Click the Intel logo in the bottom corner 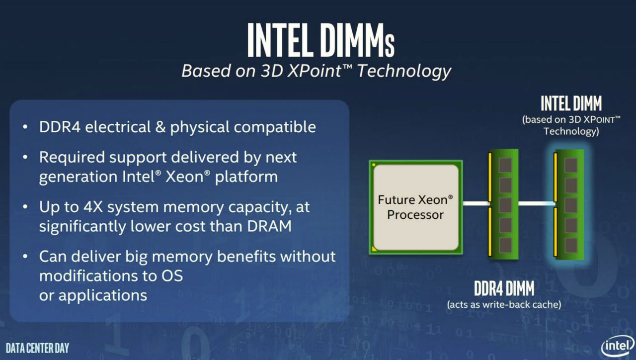(618, 346)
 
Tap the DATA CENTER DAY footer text (37, 348)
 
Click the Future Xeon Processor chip (416, 207)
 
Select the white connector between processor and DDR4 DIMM (477, 203)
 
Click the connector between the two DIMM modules (537, 203)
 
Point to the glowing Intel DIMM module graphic (569, 204)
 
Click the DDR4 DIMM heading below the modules (504, 288)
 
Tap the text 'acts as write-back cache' (504, 305)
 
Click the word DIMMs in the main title (357, 40)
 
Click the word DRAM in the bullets (269, 226)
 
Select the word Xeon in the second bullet (184, 177)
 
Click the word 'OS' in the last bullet (172, 276)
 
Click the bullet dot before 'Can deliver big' (25, 257)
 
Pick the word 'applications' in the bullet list (103, 296)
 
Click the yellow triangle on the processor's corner (374, 249)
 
